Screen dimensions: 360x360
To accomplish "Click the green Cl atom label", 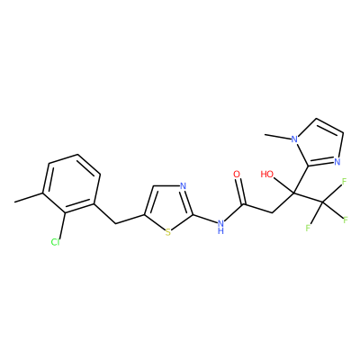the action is (x=55, y=242).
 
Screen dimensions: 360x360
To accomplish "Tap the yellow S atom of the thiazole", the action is (x=168, y=232).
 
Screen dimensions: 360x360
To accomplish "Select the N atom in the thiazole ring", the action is (x=184, y=186).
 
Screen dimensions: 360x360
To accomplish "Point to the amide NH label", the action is (x=221, y=226).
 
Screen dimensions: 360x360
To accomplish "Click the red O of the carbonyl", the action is (x=237, y=174).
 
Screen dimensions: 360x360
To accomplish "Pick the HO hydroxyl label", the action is (x=266, y=174).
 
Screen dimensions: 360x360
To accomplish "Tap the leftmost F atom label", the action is (x=308, y=228).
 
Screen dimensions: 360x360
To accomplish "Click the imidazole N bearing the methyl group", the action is (x=295, y=139).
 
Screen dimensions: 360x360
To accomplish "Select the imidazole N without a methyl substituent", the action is (x=337, y=162).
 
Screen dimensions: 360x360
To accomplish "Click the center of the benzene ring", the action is (x=72, y=184).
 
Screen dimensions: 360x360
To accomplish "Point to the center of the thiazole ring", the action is (x=168, y=207).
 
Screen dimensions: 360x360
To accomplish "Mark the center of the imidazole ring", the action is (x=319, y=145).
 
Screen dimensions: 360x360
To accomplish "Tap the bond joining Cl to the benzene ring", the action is (x=62, y=225).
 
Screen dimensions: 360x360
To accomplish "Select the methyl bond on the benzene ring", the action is (x=29, y=197).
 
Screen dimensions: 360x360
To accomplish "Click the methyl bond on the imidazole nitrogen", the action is (x=278, y=137).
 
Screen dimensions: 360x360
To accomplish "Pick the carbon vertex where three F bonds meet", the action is (x=323, y=202).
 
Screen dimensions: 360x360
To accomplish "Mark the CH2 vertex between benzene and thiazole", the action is (x=115, y=223).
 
